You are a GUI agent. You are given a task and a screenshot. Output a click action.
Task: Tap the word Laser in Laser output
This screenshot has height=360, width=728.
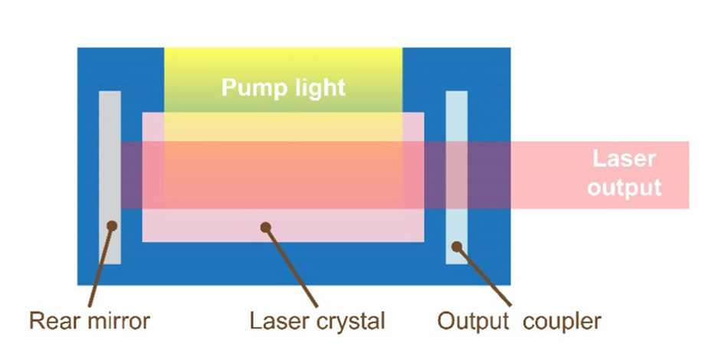[x=624, y=159]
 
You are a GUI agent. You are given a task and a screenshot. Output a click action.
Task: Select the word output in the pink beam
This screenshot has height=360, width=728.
[x=624, y=187]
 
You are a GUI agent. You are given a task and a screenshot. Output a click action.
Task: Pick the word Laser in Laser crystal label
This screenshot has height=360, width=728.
[x=274, y=320]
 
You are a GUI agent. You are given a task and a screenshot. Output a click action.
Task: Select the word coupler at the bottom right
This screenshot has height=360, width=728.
[x=562, y=320]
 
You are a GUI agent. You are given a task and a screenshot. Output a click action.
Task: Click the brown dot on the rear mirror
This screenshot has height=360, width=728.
[x=112, y=225]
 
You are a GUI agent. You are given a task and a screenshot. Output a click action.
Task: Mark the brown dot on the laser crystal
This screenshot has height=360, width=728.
[x=265, y=226]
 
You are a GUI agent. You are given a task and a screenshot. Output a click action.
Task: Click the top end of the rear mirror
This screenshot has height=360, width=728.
[x=110, y=94]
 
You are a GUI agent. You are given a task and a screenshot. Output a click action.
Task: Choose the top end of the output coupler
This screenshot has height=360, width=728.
[x=457, y=94]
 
